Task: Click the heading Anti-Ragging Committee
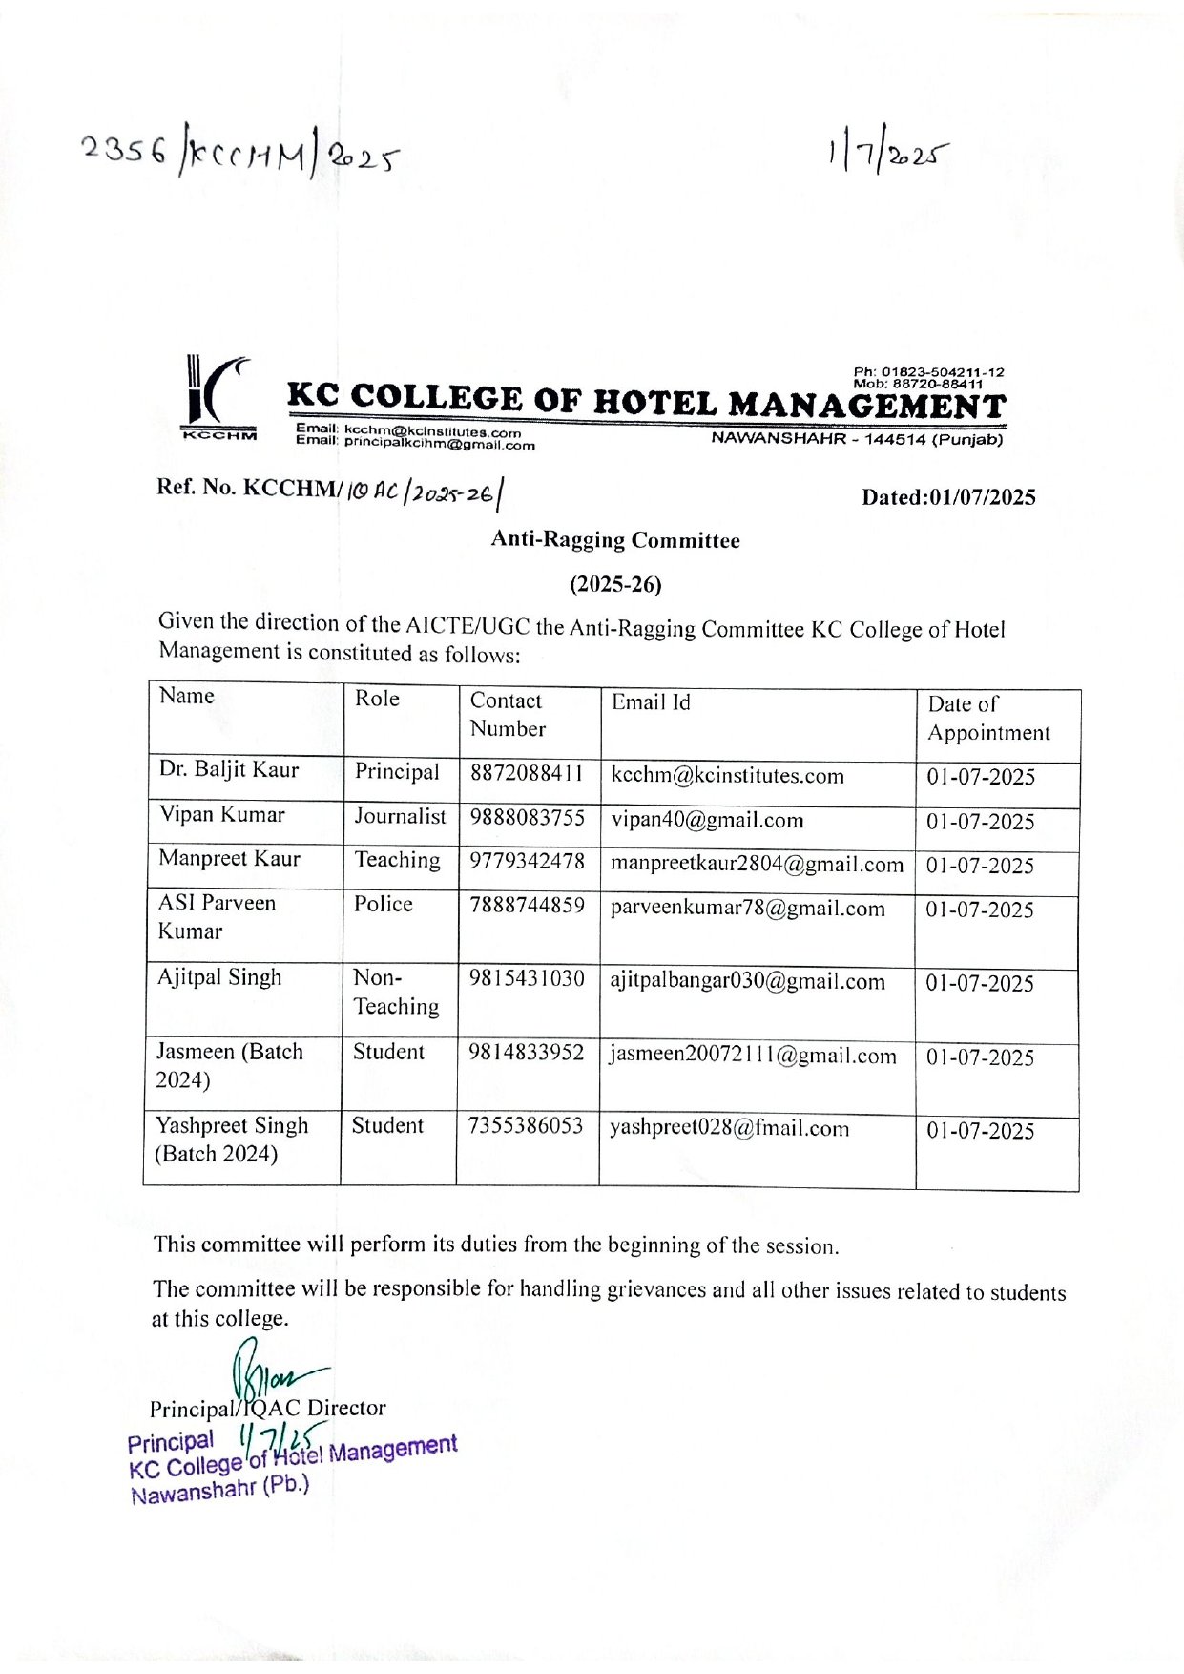(615, 540)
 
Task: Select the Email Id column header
(651, 702)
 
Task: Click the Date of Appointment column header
(988, 718)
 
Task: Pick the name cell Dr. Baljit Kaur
(229, 769)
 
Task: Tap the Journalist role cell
(400, 816)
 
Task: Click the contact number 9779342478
(527, 861)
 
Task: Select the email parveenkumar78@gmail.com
(747, 908)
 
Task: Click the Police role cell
(384, 904)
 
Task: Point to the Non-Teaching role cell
(396, 992)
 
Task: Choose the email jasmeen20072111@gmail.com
(753, 1056)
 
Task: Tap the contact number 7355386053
(525, 1126)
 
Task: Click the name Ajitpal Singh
(220, 977)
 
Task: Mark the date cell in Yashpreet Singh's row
(981, 1131)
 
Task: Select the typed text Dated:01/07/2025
(948, 497)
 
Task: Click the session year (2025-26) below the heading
(615, 584)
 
